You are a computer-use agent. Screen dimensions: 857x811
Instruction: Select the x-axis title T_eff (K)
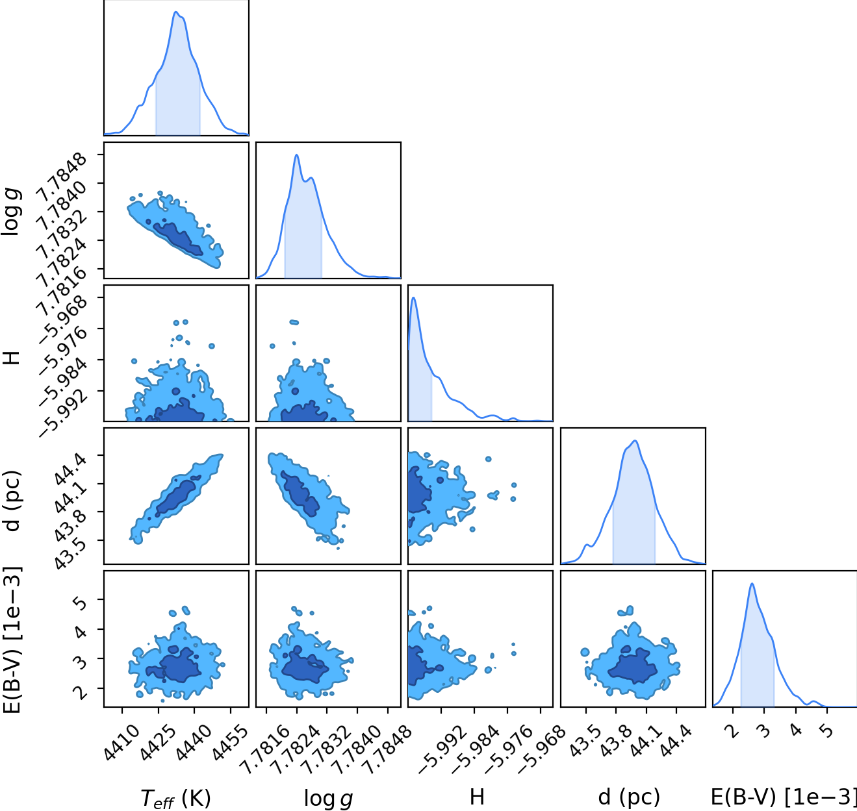[x=175, y=798]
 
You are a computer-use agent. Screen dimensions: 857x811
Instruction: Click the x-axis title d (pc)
[x=628, y=797]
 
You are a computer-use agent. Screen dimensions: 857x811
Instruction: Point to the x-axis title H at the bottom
[x=477, y=797]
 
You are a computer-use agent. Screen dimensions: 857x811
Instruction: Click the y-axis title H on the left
[x=12, y=358]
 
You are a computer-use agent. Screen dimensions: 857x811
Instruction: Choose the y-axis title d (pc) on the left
[x=12, y=501]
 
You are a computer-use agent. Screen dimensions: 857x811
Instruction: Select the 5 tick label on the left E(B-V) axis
[x=81, y=601]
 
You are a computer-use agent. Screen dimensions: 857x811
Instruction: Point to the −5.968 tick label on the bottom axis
[x=541, y=750]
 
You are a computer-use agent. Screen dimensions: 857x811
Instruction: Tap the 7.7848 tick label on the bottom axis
[x=387, y=750]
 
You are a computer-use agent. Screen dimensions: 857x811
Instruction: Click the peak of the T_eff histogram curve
[x=175, y=12]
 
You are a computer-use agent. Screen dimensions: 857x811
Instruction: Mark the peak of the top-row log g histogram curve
[x=296, y=155]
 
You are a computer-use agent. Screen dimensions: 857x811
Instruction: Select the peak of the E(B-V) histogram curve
[x=752, y=584]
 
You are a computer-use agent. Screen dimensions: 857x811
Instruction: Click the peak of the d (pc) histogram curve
[x=635, y=441]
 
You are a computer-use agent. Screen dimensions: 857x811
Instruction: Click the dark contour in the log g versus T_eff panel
[x=178, y=239]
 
